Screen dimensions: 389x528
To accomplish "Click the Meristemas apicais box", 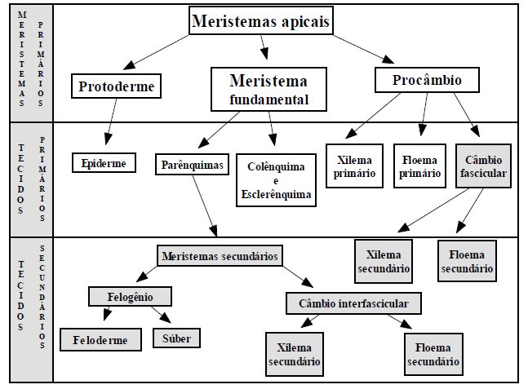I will tap(261, 22).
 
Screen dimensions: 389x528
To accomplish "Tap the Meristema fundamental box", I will tap(269, 90).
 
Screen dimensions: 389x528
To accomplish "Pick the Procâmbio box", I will tap(427, 81).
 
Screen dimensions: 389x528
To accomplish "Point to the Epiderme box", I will tap(104, 163).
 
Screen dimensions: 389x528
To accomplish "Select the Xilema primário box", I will tap(354, 166).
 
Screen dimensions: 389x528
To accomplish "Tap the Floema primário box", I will tap(420, 166).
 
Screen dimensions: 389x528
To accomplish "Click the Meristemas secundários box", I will tap(220, 256).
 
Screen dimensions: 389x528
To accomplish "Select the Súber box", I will tap(176, 337).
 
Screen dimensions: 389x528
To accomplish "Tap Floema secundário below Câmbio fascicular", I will tap(466, 260).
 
